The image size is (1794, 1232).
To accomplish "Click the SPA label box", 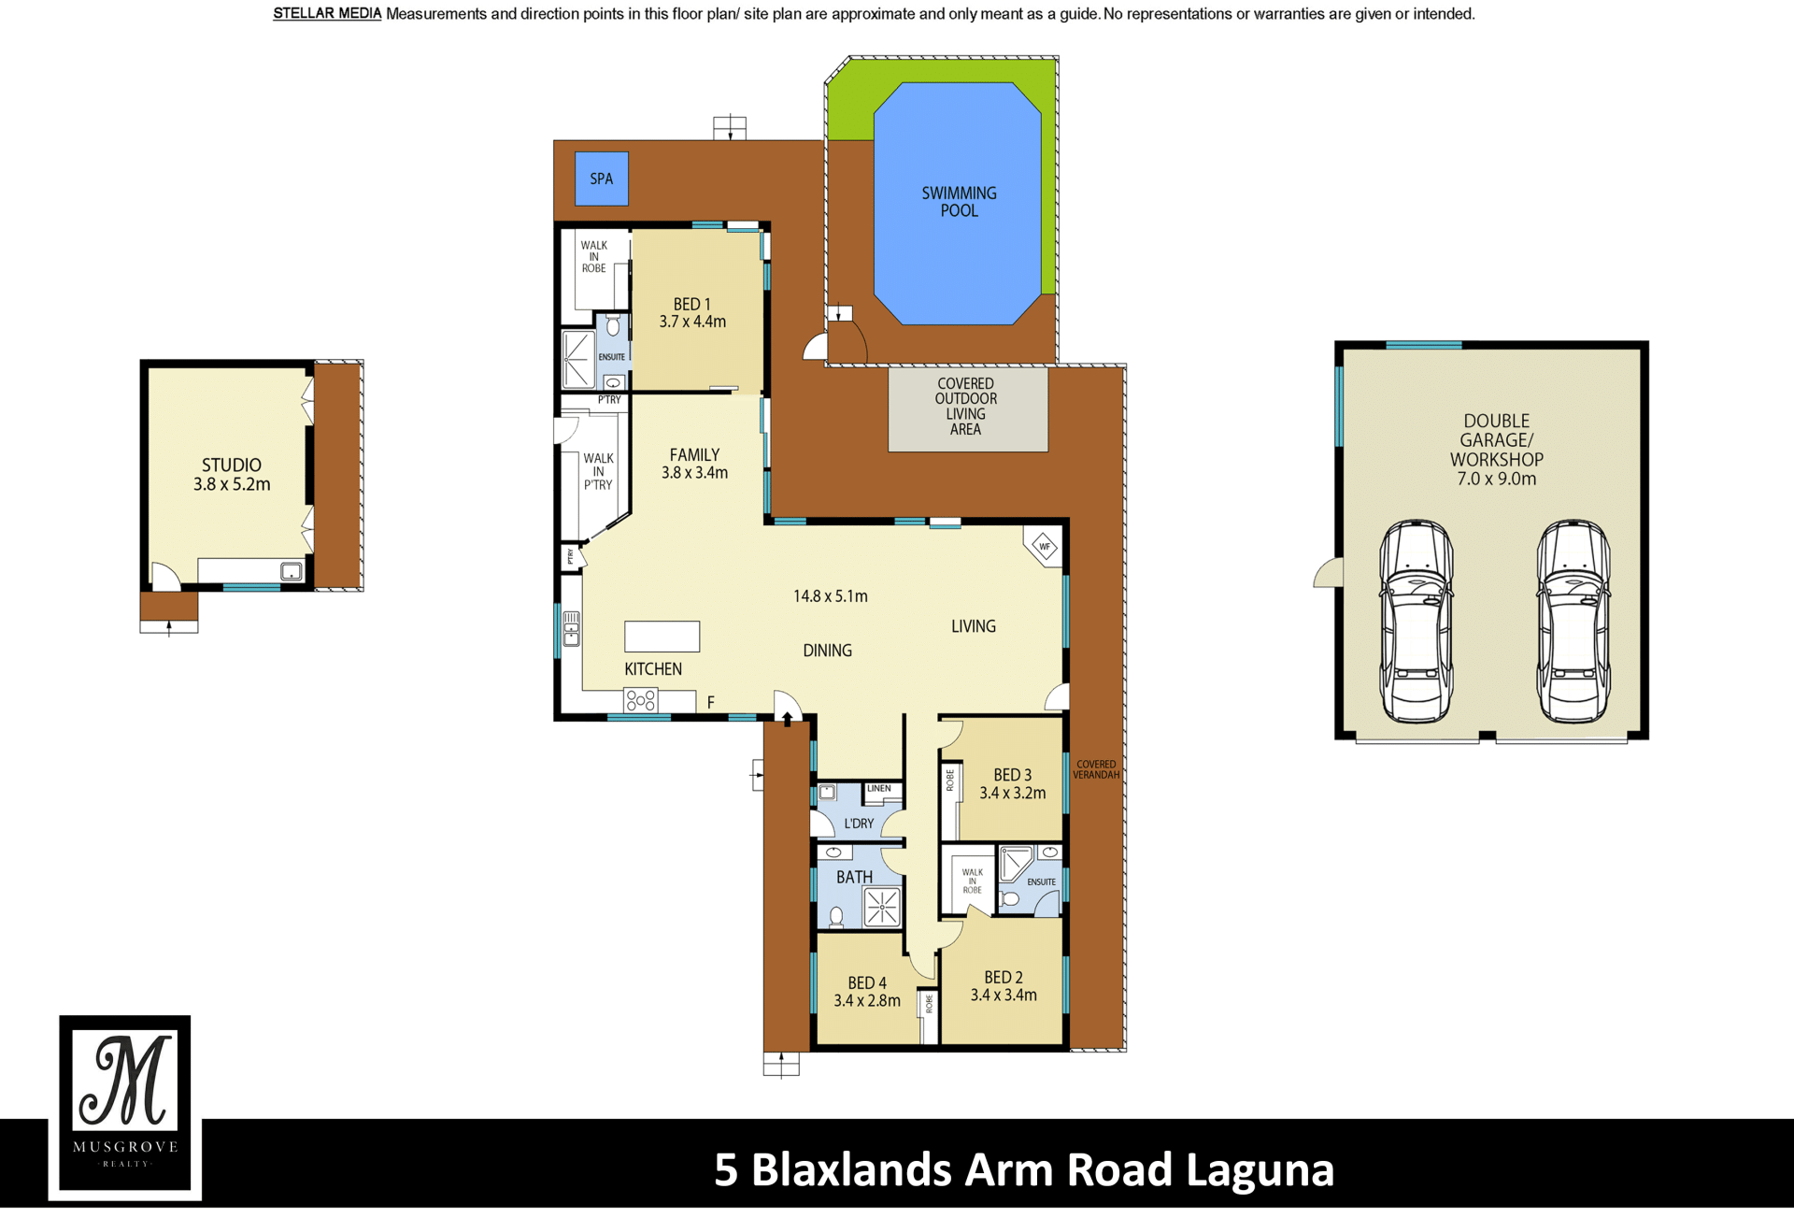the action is coord(601,179).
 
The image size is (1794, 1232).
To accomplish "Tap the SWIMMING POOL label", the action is coord(959,202).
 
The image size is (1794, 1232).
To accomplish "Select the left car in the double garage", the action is coord(1417,622).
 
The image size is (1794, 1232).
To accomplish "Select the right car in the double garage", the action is coord(1573,622).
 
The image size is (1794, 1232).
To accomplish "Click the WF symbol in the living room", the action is coord(1045,547).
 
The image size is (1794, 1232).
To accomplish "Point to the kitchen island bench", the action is coord(662,637).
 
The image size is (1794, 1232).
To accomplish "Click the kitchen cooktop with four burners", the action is coord(641,700).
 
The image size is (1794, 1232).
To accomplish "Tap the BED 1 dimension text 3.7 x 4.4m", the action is coord(692,322).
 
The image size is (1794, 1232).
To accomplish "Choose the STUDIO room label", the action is coord(232,465).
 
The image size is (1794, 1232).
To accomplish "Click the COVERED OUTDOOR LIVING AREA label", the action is coord(966,407).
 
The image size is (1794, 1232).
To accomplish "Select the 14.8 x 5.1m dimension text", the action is coord(831,596).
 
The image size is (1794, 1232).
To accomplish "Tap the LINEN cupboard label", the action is coord(879,788).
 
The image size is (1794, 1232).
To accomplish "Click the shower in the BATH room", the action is coord(882,907).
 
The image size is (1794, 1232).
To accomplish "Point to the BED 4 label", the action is coord(867,983).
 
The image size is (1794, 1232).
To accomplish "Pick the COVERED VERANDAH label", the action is coord(1096,769).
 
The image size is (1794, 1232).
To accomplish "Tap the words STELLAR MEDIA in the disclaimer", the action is coord(327,14).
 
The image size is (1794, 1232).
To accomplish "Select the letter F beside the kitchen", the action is coord(711,702).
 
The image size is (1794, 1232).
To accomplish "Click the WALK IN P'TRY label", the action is coord(598,471).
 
